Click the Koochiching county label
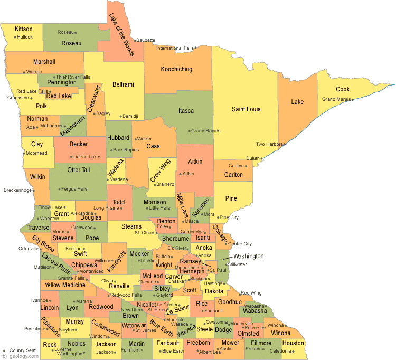click(176, 69)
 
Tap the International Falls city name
click(175, 48)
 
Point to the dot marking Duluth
click(262, 158)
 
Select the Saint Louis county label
click(246, 109)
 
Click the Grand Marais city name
click(336, 99)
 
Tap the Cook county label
click(343, 89)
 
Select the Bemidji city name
click(130, 116)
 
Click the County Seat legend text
click(23, 350)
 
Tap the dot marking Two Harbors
click(284, 144)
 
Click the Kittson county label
click(24, 29)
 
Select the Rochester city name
click(256, 328)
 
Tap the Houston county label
click(293, 343)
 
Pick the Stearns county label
click(131, 226)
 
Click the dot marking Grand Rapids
click(189, 131)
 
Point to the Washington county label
click(248, 256)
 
